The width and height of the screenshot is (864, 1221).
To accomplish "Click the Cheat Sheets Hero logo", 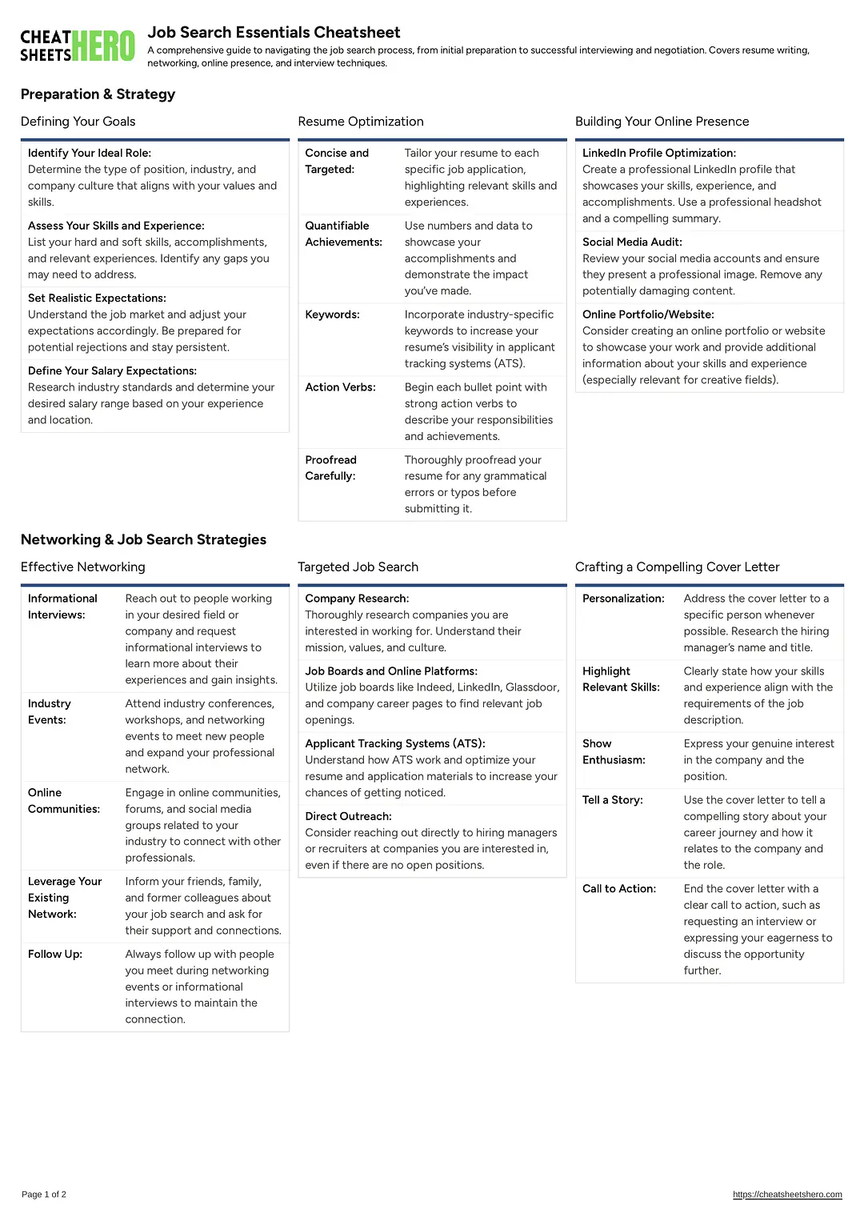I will (x=78, y=46).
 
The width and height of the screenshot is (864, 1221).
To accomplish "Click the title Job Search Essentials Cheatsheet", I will (x=274, y=33).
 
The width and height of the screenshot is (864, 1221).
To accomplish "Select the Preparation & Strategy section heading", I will (x=98, y=94).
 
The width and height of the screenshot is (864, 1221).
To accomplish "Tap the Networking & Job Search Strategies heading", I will (x=143, y=540).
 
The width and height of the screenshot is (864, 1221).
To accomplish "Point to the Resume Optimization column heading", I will (x=361, y=122).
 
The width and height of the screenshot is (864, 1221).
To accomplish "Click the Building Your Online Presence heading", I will (x=662, y=122).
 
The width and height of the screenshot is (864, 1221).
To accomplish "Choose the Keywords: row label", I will (x=332, y=314).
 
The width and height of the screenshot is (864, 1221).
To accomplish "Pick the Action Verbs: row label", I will (x=340, y=387).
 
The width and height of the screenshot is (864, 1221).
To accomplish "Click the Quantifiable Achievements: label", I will (x=343, y=234).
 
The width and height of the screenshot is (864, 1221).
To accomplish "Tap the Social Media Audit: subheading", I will (x=632, y=242).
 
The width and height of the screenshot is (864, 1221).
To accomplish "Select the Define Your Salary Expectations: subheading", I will (x=112, y=371).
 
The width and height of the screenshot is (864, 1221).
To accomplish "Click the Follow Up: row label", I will (x=55, y=955).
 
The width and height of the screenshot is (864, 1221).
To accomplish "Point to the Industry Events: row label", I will (x=50, y=712).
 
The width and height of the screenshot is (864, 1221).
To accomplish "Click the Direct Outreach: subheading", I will (x=348, y=816).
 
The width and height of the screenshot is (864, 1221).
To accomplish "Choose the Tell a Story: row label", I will (x=612, y=800).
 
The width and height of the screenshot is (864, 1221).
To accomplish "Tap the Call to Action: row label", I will (x=618, y=889).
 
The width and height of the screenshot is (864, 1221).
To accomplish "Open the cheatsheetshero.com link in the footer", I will (x=787, y=1195).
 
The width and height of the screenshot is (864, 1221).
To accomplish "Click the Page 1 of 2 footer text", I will (x=44, y=1195).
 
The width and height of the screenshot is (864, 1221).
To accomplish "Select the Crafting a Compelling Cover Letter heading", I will (x=677, y=567).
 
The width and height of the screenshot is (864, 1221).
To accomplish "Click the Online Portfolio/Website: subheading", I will (x=648, y=314).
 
